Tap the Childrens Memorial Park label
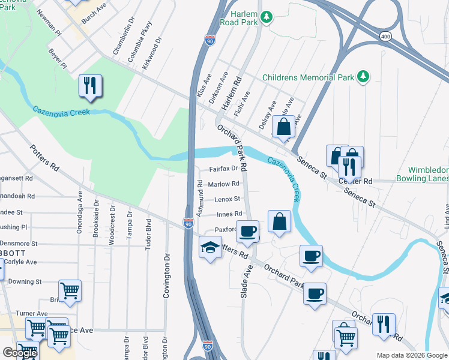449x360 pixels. (x=309, y=77)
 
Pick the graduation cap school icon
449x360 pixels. (x=210, y=247)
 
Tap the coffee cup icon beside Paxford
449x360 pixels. (x=247, y=231)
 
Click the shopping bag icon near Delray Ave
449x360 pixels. (x=283, y=127)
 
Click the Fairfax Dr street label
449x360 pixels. (x=223, y=169)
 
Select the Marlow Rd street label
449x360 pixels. (x=224, y=184)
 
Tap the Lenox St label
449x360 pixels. (x=228, y=199)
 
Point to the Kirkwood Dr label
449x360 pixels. (x=152, y=53)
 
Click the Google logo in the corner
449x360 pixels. (x=20, y=353)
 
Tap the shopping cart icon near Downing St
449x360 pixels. (x=70, y=291)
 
